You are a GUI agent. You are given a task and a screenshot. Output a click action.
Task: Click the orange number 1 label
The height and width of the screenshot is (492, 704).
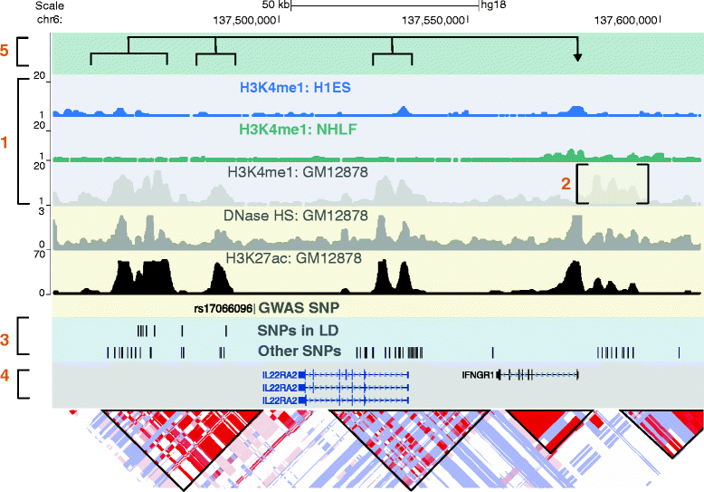tap(5, 142)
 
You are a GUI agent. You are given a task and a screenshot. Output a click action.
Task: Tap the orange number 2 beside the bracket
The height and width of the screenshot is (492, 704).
tap(566, 183)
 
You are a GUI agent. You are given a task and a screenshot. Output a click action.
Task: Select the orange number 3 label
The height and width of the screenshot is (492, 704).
tap(5, 340)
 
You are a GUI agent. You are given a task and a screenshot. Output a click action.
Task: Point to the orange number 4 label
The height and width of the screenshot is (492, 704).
tap(5, 384)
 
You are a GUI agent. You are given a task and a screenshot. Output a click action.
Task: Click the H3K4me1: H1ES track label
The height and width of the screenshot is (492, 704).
tap(294, 88)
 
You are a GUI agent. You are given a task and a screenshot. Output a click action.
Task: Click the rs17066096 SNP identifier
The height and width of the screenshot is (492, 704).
tap(224, 308)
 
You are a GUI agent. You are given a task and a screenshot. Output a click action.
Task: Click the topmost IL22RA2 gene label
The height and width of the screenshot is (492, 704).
tap(279, 373)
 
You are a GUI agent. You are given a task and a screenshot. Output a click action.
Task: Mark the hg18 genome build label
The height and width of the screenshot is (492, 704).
tap(493, 5)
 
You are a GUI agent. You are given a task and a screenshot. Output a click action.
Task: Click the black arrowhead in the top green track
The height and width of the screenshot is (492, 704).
tap(577, 58)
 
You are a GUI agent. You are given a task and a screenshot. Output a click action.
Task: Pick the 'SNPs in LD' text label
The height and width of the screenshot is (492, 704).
tap(294, 331)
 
